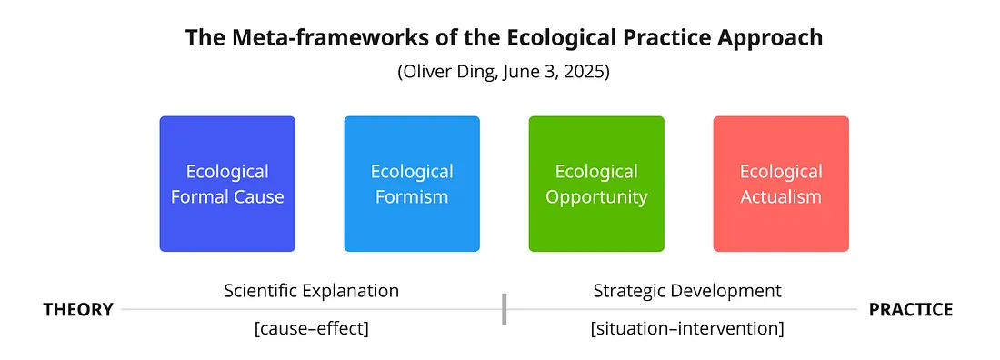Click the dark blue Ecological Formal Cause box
tap(227, 184)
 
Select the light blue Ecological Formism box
tap(412, 184)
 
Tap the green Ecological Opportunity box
tap(596, 184)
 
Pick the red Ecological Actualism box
tap(781, 184)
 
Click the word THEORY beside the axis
tap(78, 310)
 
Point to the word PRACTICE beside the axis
tap(911, 310)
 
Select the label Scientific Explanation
tap(311, 291)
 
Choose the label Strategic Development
tap(687, 291)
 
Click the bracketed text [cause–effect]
tap(311, 329)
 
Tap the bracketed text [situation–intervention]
tap(687, 329)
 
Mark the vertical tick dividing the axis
tap(504, 310)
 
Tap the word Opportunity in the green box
tap(596, 197)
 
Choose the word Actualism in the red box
tap(781, 196)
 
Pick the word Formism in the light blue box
tap(412, 196)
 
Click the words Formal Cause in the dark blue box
tap(227, 196)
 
